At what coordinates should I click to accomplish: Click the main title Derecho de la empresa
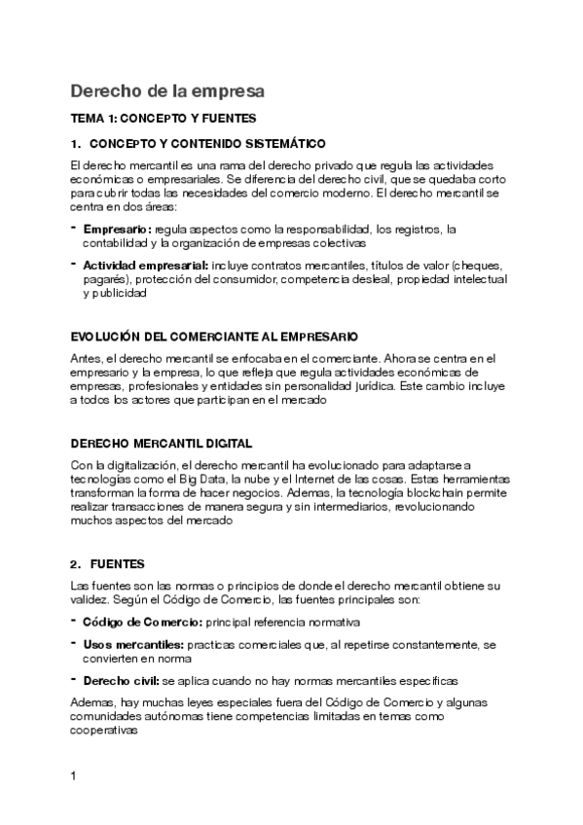pyautogui.click(x=166, y=91)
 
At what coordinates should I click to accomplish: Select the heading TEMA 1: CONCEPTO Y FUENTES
pyautogui.click(x=164, y=119)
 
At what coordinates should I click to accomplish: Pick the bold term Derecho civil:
pyautogui.click(x=121, y=681)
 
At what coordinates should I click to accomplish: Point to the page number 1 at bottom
pyautogui.click(x=74, y=777)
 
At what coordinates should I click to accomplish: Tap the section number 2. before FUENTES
pyautogui.click(x=76, y=564)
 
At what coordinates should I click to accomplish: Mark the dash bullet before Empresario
pyautogui.click(x=74, y=228)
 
